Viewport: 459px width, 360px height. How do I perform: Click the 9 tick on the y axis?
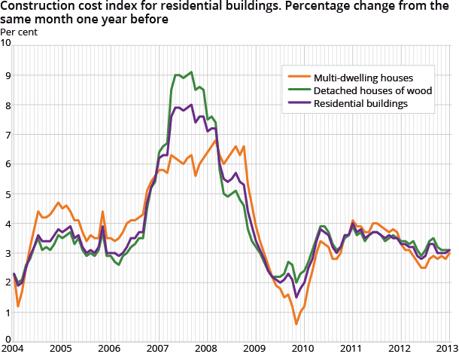tap(8, 75)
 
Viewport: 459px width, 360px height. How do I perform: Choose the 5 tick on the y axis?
tap(8, 194)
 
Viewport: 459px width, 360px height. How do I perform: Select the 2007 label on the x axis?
tap(157, 349)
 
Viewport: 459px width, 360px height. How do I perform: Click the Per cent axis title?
tap(17, 32)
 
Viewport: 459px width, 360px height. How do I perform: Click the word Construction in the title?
tap(36, 8)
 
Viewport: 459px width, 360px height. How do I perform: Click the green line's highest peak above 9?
tap(192, 72)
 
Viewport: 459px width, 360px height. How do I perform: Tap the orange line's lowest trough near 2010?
tap(296, 324)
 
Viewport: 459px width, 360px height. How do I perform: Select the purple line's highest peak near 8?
tap(192, 105)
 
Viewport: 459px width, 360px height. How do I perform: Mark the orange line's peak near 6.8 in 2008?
tap(216, 140)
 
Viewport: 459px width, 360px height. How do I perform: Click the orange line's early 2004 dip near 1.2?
tap(18, 307)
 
